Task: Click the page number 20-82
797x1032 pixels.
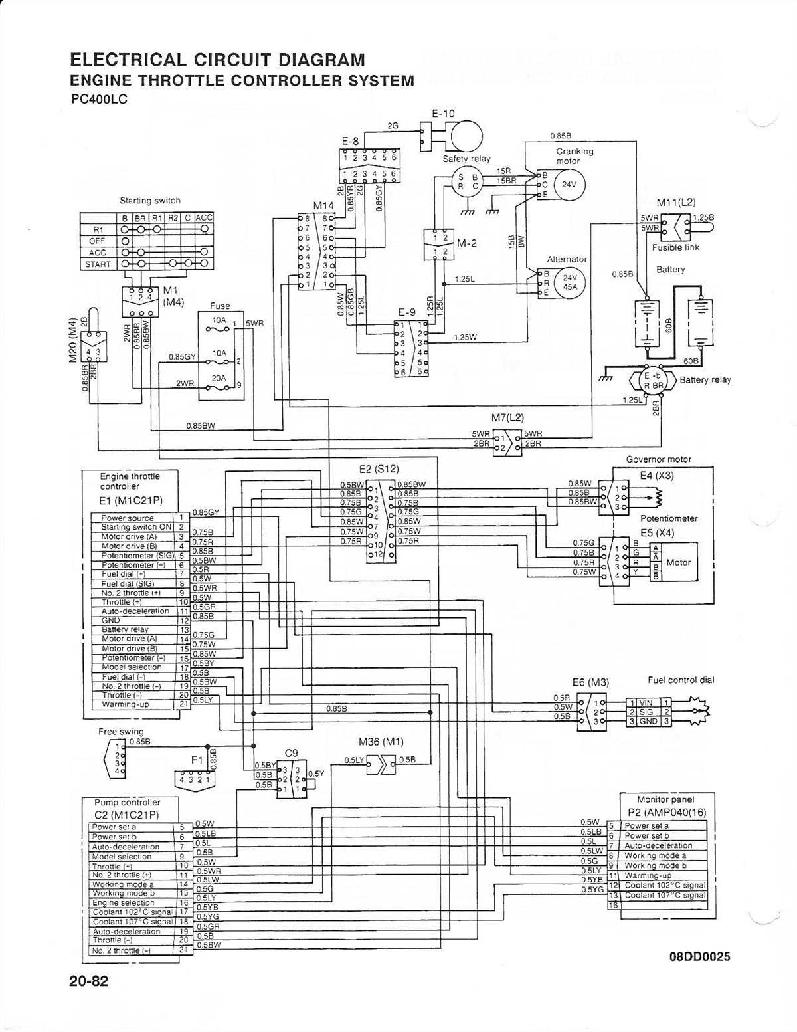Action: coord(88,981)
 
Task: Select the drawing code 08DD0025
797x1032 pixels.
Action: coord(700,956)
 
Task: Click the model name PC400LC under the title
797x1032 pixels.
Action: coord(99,99)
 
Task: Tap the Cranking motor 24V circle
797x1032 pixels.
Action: coord(569,184)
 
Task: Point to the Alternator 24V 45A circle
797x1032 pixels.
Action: coord(569,282)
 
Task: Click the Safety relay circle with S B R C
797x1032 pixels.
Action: coord(468,181)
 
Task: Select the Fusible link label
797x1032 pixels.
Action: coord(675,247)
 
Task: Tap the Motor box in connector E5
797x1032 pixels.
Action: coord(678,562)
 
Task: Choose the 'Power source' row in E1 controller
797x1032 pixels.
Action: coord(128,518)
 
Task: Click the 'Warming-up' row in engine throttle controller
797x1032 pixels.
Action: coord(126,704)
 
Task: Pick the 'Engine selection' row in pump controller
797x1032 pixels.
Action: coord(124,903)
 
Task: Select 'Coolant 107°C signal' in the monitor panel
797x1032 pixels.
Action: coord(665,895)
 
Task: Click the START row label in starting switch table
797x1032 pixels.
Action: coord(98,264)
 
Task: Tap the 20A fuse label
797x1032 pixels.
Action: coord(219,377)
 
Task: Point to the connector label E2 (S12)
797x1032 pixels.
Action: coord(379,469)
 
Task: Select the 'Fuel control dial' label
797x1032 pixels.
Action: coord(681,680)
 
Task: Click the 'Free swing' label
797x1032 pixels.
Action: coord(121,731)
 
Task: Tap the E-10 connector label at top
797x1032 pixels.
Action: coord(443,114)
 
